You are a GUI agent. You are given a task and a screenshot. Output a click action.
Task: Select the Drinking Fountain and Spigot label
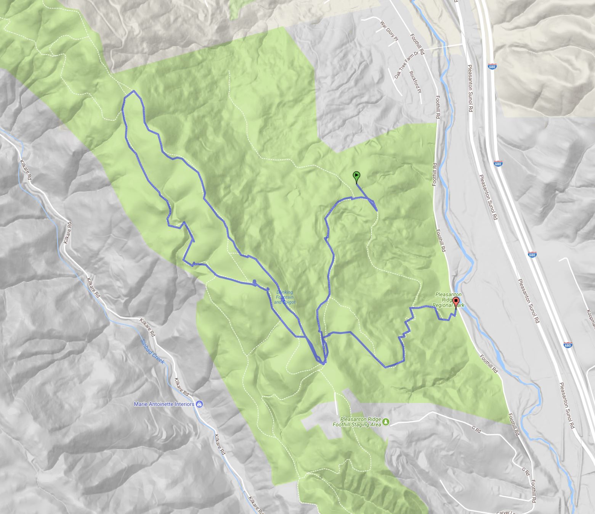[284, 297]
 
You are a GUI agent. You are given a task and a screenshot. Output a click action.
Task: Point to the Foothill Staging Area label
[356, 422]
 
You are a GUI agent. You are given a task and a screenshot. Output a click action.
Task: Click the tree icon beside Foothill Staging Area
[387, 422]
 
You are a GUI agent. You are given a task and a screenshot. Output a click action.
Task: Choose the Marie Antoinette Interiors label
[164, 404]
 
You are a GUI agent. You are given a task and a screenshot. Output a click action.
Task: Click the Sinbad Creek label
[152, 351]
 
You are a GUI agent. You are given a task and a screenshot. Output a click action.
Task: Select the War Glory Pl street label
[389, 31]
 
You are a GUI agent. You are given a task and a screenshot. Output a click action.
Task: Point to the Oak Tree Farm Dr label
[404, 66]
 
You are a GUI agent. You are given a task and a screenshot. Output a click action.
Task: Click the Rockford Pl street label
[415, 82]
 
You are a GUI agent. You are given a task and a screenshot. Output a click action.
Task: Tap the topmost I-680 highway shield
[492, 66]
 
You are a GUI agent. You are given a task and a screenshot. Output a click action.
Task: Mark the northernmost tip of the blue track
[133, 91]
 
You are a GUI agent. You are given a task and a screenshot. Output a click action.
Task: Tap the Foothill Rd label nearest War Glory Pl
[417, 44]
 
